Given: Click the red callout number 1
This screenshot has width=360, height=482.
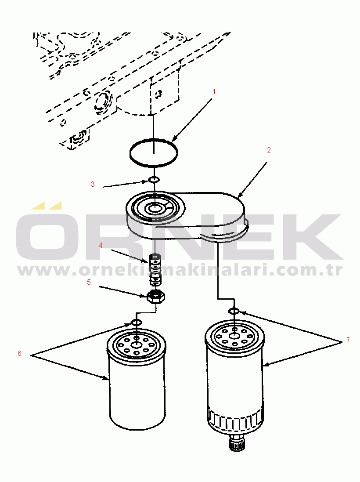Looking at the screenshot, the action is pos(214,91).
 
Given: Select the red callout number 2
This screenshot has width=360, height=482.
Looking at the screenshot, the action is pos(269,150).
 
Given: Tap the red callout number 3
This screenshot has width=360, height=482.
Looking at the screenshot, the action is pos(93,184).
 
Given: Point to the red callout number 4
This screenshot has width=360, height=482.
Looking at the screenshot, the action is pos(101,245).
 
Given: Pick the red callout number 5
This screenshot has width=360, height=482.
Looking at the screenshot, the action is pos(89,282).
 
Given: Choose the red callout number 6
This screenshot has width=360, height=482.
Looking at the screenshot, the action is pos(19,354).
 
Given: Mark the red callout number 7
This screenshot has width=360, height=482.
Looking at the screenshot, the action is pos(348,340).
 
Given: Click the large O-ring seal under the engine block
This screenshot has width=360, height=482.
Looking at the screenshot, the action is pos(154,140).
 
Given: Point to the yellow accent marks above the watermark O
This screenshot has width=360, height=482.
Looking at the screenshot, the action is pos(47,205).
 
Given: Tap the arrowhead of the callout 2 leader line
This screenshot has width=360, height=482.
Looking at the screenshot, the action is pos(240,195).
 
